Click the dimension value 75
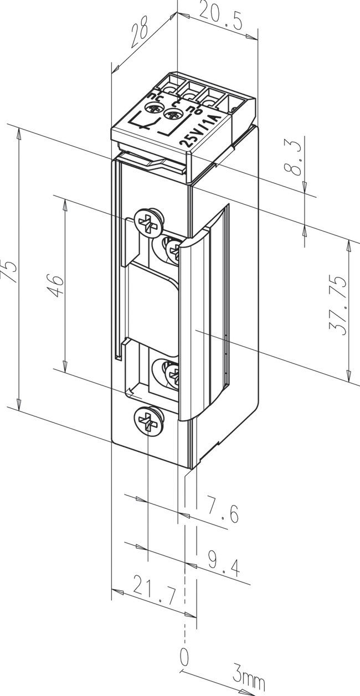pyautogui.click(x=12, y=269)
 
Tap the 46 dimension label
pyautogui.click(x=57, y=285)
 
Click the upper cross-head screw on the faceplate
pyautogui.click(x=149, y=222)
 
